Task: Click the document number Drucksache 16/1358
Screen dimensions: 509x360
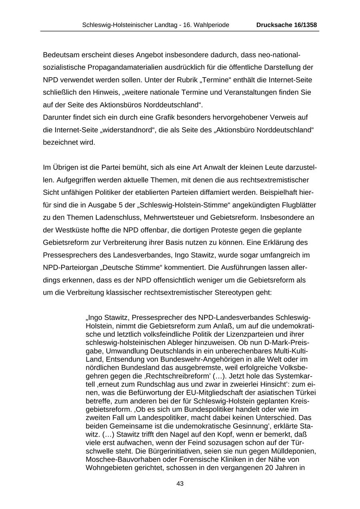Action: tap(286, 25)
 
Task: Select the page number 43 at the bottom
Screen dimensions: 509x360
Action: tap(180, 484)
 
